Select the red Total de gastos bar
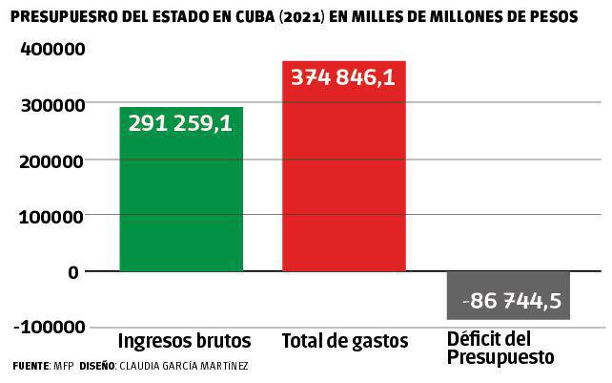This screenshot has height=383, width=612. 344,181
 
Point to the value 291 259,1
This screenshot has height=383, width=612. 181,123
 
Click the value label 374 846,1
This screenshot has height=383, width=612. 344,77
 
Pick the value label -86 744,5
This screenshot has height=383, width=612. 510,303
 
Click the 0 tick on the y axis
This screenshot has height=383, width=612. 72,271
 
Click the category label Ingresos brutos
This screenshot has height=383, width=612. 184,341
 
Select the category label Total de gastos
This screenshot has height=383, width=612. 344,341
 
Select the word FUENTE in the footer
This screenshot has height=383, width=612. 30,367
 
